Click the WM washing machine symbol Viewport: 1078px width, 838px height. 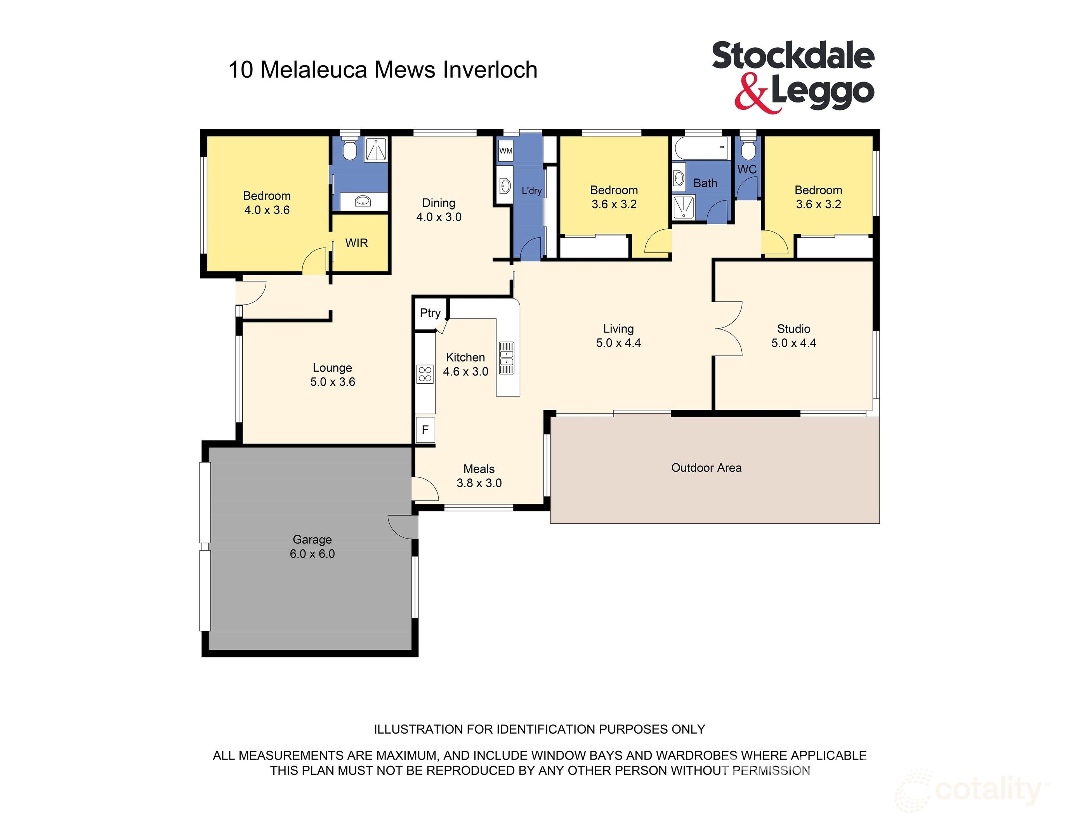coord(505,151)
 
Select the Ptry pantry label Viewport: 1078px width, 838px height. coord(430,313)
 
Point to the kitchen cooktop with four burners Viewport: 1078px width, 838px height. coord(425,374)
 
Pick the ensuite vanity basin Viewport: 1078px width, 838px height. coord(363,201)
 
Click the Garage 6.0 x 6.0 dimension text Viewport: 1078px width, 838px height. coord(312,554)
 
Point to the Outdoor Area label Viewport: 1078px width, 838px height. coord(706,467)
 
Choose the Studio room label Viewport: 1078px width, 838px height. coord(793,329)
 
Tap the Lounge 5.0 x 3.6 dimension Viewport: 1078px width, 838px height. coord(332,382)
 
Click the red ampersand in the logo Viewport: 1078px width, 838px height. coord(751,93)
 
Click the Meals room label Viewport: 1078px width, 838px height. coord(479,469)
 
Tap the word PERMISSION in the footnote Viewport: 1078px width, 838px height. coord(771,770)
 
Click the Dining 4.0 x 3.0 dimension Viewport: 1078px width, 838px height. coord(438,217)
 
